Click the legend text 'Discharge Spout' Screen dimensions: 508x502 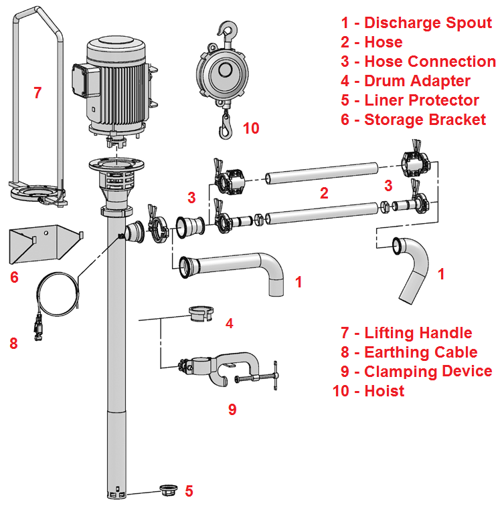click(428, 23)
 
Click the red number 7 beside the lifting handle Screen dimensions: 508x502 click(37, 93)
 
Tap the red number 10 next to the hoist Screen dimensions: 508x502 click(250, 128)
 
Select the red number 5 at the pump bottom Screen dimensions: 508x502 click(189, 491)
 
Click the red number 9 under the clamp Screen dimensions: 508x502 click(232, 409)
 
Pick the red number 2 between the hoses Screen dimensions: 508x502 click(324, 194)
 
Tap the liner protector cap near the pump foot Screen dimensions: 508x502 click(167, 490)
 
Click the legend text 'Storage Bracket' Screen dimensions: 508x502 click(424, 120)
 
